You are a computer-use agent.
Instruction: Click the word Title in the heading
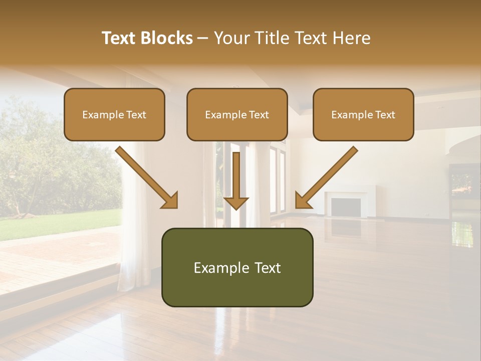click(271, 38)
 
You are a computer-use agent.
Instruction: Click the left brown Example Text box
click(114, 114)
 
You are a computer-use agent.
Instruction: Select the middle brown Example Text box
click(237, 114)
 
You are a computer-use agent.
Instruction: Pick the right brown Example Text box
click(363, 114)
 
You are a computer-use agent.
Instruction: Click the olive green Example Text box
click(237, 267)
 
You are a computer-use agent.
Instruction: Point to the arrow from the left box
click(147, 177)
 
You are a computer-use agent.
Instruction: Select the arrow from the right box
click(326, 177)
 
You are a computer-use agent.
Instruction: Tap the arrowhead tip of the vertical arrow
click(236, 208)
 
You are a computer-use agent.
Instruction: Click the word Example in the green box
click(215, 268)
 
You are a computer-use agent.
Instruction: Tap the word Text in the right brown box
click(385, 115)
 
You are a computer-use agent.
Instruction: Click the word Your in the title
click(231, 38)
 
